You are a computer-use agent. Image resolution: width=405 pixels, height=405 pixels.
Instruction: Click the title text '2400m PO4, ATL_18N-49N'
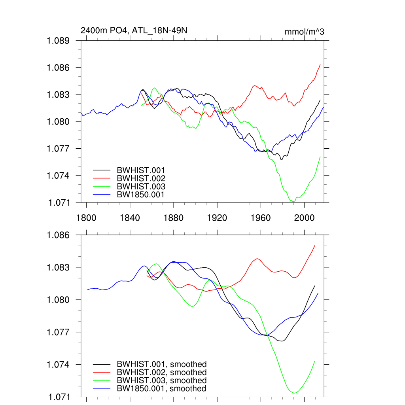pyautogui.click(x=131, y=30)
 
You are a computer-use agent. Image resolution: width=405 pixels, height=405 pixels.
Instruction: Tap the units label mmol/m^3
pyautogui.click(x=304, y=32)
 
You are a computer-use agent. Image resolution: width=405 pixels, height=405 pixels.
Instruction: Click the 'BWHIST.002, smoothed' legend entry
pyautogui.click(x=161, y=373)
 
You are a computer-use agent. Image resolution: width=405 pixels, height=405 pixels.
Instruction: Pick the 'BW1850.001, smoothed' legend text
pyautogui.click(x=161, y=389)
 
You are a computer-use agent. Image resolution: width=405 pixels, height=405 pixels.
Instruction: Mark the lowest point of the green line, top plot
pyautogui.click(x=293, y=202)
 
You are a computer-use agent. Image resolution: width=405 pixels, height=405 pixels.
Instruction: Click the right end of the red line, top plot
pyautogui.click(x=320, y=64)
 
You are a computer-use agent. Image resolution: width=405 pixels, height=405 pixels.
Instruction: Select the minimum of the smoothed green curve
pyautogui.click(x=294, y=393)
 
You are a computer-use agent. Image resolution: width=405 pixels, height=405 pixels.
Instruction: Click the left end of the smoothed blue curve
pyautogui.click(x=87, y=290)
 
